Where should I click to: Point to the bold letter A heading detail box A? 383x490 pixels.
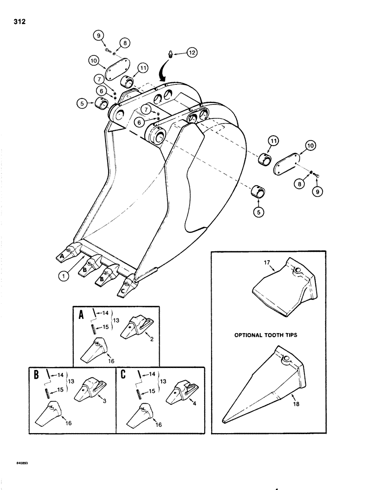81,315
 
